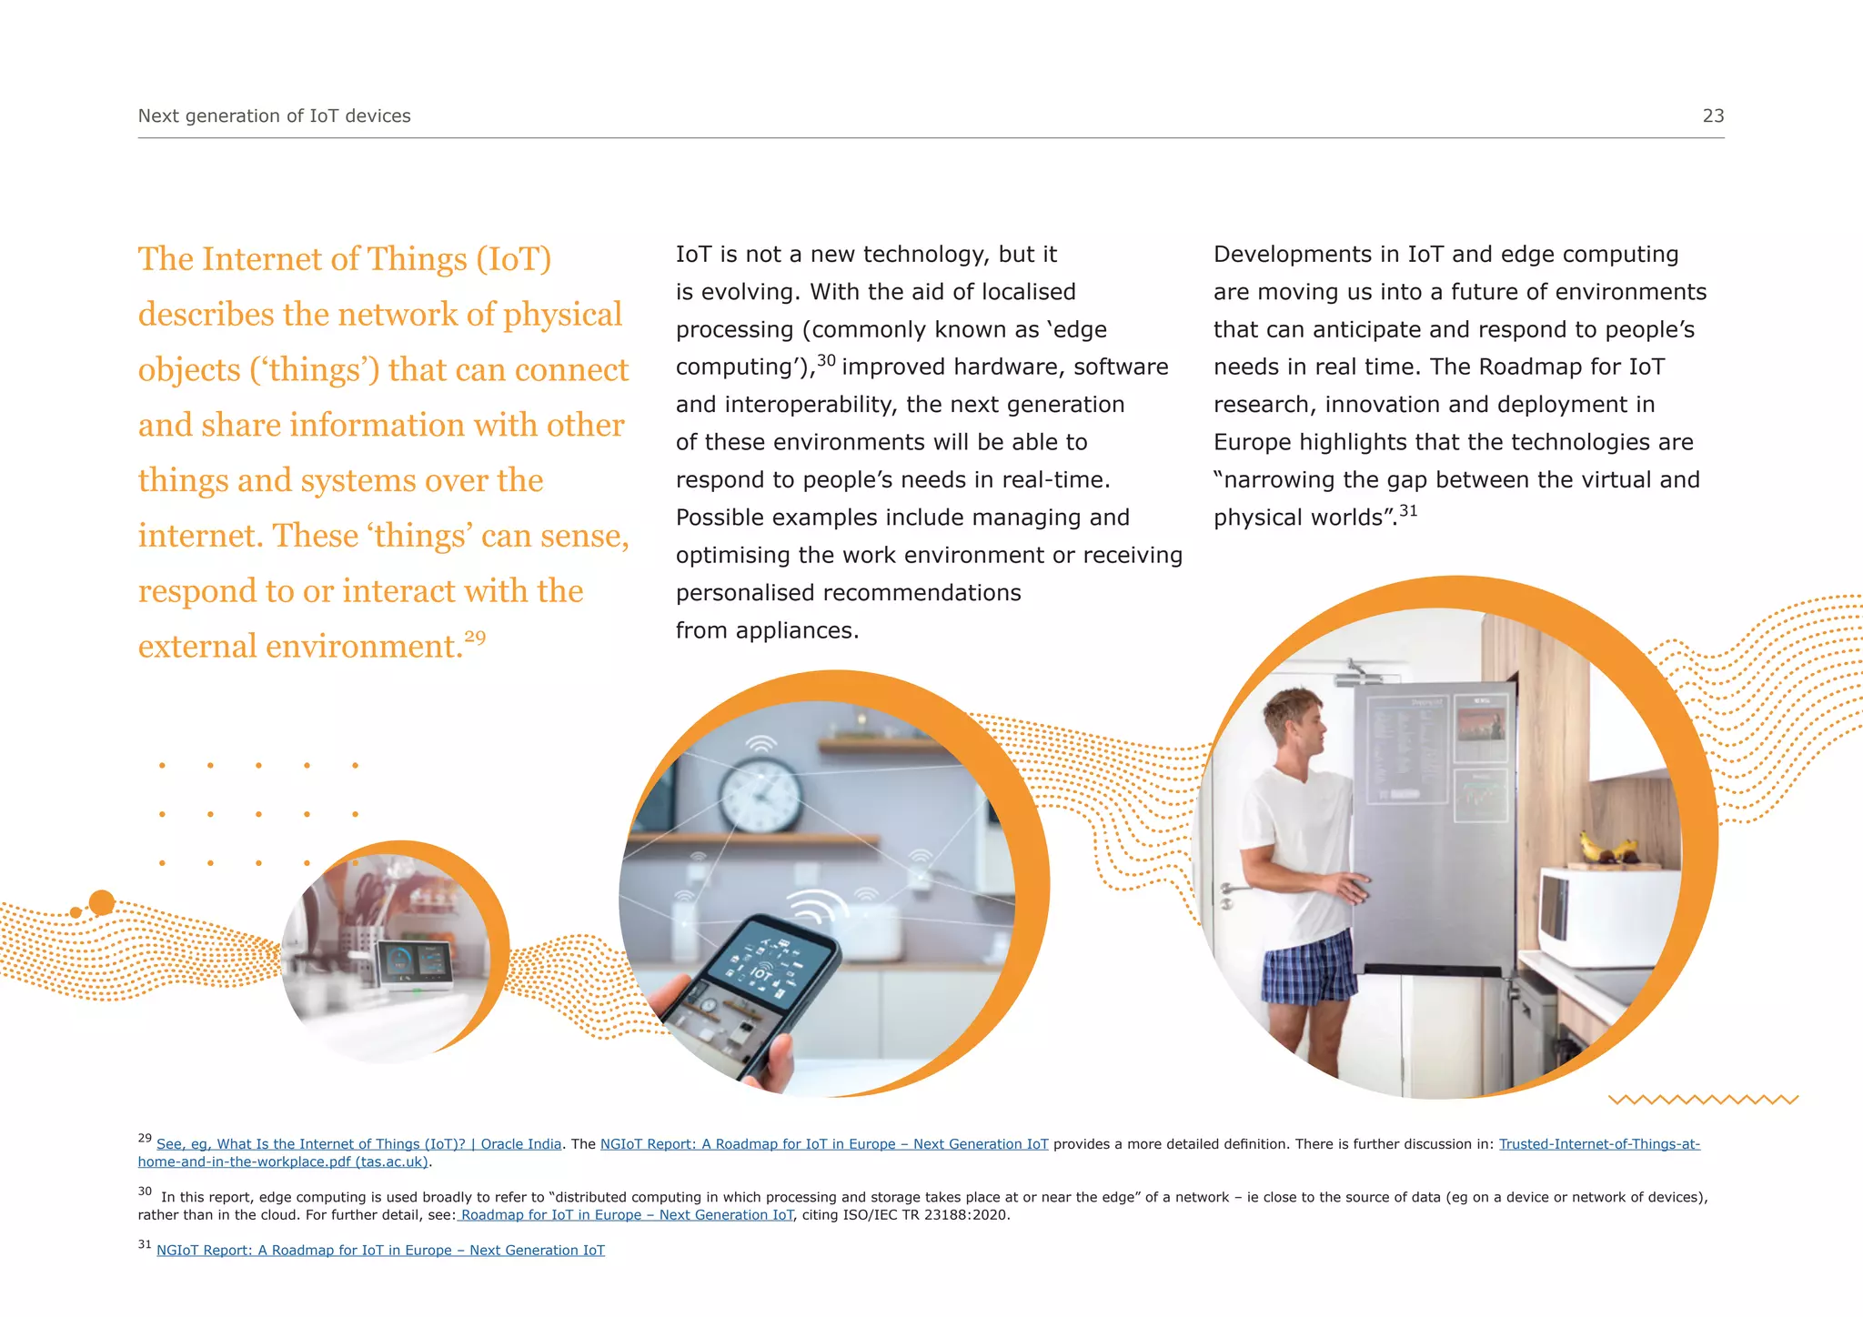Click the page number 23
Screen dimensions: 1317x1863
point(1713,116)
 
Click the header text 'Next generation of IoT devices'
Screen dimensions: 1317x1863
point(274,116)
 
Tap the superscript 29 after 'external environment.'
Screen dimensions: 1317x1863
point(475,637)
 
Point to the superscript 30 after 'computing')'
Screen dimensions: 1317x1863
point(826,360)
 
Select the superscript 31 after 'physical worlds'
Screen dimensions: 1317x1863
point(1408,511)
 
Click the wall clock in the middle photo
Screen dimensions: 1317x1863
point(760,793)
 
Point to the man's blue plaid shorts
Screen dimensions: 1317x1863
point(1310,969)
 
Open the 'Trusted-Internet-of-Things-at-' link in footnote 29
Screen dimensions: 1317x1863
point(1599,1144)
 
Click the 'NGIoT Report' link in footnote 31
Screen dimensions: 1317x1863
point(380,1251)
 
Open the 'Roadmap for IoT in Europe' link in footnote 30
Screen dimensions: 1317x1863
point(626,1215)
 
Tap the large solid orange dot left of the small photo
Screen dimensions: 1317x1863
point(102,902)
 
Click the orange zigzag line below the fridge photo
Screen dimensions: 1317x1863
point(1703,1100)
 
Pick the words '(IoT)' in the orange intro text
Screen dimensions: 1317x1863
point(514,259)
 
